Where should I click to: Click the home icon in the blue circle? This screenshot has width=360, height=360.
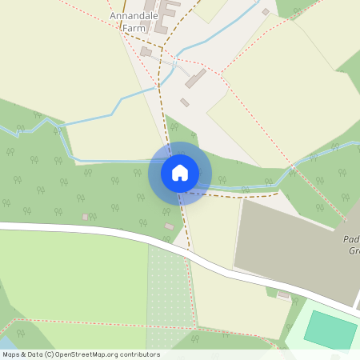point(179,173)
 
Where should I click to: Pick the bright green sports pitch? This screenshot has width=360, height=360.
point(330,329)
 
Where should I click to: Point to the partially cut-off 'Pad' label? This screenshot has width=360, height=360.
point(350,238)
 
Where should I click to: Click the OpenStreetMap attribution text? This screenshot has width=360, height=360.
point(81,354)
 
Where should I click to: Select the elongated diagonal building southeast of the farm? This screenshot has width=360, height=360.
point(196,78)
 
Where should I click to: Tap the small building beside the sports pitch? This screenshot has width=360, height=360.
point(283,294)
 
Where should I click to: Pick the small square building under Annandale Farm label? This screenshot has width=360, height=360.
point(146,51)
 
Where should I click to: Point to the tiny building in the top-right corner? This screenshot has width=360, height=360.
point(266,12)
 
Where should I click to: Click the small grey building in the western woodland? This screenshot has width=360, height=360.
point(85,217)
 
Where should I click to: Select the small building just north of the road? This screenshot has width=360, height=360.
point(169,227)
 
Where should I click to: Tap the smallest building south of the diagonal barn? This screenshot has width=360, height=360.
point(185,102)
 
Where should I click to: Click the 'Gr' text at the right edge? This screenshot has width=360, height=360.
point(354,250)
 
